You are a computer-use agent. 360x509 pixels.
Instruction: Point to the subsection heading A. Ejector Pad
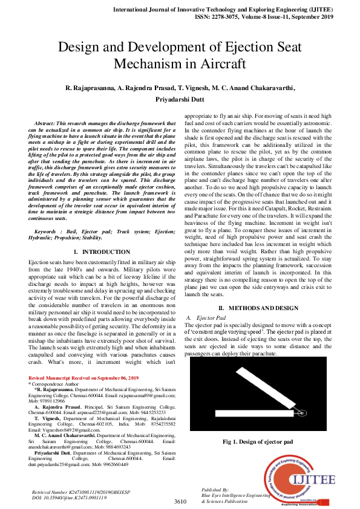[x=208, y=317]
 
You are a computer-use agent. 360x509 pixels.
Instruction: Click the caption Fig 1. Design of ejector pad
[x=257, y=442]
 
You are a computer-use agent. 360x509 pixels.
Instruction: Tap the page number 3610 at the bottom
[x=180, y=501]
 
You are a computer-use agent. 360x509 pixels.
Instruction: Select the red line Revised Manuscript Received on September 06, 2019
[x=77, y=377]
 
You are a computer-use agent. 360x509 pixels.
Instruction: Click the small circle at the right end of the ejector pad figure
[x=303, y=413]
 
